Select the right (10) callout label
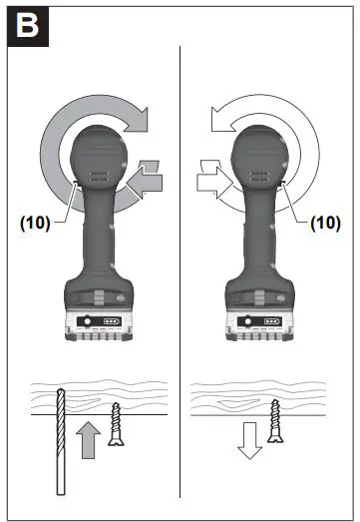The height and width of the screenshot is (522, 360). (x=324, y=224)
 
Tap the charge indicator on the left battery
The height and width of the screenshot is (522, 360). (x=110, y=324)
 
